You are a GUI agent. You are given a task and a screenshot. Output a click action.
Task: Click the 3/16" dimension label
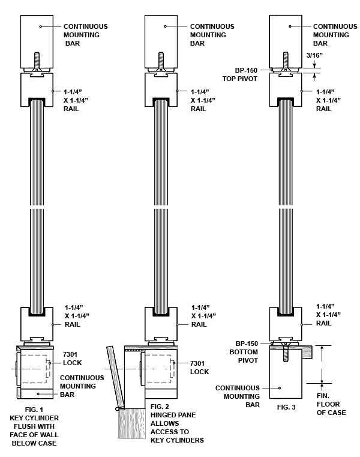coord(314,55)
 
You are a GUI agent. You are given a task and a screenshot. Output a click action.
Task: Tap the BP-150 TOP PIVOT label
coord(240,74)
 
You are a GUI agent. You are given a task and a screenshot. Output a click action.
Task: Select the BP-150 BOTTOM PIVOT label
coord(244,352)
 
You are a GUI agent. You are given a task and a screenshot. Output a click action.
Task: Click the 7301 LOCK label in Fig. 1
coord(72,359)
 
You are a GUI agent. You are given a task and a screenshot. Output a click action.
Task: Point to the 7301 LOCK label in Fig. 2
coord(200,368)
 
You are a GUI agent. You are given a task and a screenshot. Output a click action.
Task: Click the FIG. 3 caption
coord(286,407)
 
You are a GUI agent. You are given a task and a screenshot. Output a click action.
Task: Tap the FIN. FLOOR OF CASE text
coord(331,404)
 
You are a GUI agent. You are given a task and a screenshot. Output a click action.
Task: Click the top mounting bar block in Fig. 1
coord(37,41)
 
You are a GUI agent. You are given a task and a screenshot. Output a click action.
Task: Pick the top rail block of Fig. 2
coord(161,89)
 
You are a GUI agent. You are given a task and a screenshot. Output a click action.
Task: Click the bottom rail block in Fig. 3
coord(286,324)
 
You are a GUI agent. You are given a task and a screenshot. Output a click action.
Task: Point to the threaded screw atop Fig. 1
coord(37,61)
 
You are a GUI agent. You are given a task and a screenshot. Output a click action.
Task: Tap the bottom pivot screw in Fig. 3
coord(286,353)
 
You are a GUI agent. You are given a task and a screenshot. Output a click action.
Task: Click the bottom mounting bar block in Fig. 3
coord(286,374)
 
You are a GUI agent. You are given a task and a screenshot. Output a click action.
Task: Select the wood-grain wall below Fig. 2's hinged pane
coord(132,423)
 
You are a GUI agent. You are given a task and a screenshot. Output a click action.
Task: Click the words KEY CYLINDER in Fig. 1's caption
coord(34,418)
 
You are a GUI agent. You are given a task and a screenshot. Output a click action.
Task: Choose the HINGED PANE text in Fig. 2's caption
coord(173,415)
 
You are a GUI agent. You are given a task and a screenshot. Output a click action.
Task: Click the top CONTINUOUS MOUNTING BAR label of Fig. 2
coord(212,35)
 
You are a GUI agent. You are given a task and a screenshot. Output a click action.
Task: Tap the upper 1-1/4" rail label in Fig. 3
coord(329,100)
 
